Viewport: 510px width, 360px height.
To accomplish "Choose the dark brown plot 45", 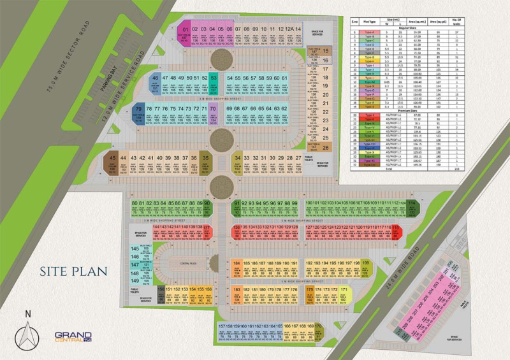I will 113,163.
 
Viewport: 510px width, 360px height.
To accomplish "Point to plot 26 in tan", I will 325,148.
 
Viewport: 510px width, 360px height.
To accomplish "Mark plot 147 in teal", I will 135,264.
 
